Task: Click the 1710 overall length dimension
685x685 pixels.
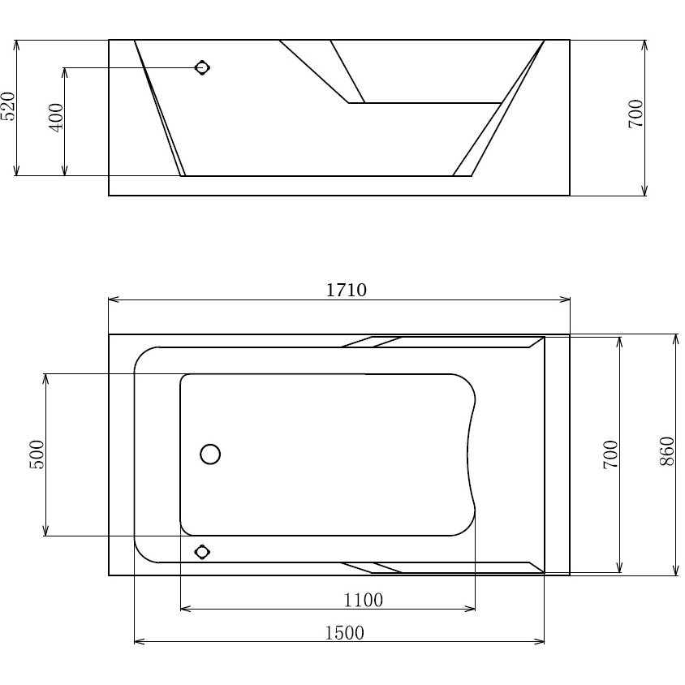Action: (346, 290)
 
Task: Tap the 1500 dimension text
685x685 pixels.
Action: (344, 632)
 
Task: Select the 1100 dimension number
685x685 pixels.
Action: (364, 601)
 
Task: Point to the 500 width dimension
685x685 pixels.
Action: (37, 455)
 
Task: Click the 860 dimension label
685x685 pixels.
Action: (667, 450)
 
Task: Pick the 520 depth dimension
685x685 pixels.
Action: (8, 106)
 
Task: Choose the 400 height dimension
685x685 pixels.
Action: (56, 118)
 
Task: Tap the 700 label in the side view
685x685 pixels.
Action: (636, 114)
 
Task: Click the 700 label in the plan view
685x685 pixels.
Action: (610, 455)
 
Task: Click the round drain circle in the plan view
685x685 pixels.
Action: (210, 454)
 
